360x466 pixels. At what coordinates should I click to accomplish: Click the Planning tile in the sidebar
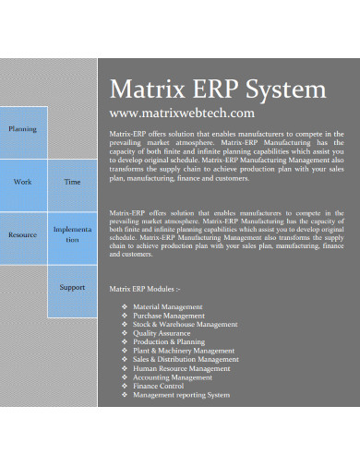23,129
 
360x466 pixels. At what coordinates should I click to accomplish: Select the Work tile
23,182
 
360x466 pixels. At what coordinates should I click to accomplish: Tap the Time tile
72,182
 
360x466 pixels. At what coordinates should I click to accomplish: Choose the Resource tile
23,234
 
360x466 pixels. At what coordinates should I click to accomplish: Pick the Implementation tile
72,233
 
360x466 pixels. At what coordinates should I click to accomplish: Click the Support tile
72,287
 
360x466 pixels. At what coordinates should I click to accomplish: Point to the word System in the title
285,90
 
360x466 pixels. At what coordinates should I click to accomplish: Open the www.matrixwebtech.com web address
181,114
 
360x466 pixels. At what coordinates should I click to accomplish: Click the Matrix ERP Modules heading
145,289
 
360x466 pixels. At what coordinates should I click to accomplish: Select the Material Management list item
167,306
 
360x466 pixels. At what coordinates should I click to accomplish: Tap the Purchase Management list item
169,316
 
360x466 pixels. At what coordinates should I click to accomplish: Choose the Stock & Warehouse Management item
185,324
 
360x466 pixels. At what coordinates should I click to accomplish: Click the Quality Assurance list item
162,333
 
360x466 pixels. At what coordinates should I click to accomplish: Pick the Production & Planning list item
169,341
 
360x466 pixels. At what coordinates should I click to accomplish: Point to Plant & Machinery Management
183,351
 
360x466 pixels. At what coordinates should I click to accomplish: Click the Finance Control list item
159,386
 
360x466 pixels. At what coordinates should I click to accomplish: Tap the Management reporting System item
181,395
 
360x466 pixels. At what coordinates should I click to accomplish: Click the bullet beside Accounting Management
124,377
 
